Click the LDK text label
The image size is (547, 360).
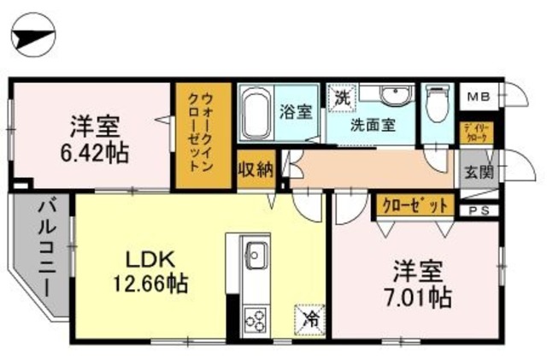coord(151,259)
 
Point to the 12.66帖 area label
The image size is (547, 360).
coord(151,281)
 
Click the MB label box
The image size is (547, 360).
coord(473,96)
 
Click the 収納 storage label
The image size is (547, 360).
coord(255,168)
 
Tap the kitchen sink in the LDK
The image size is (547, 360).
coord(256,254)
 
